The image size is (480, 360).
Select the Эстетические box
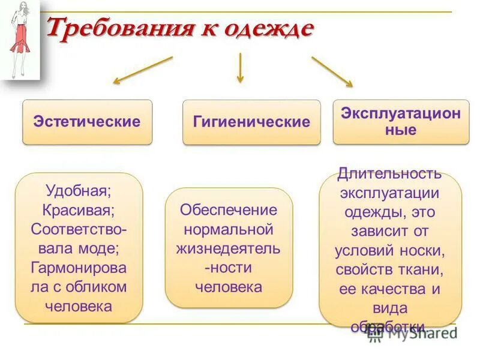coord(87,122)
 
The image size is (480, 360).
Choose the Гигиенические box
coord(251,122)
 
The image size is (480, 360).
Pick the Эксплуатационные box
coord(401,121)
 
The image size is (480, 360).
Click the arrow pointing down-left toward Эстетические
coord(143,70)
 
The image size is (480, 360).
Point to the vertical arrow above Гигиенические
coord(240,67)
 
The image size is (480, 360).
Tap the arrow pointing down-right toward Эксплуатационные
coord(332,71)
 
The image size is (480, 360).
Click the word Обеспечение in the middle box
coord(229,210)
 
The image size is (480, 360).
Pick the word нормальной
coord(229,229)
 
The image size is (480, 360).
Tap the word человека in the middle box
coord(229,287)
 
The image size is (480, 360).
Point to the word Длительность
coord(389,174)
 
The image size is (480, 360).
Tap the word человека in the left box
coord(79,305)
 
